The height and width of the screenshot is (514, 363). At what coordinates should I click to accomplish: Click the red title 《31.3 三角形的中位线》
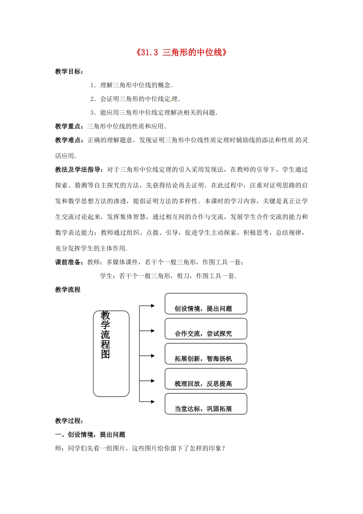[181, 52]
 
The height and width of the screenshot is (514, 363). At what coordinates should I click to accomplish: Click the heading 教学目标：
[69, 72]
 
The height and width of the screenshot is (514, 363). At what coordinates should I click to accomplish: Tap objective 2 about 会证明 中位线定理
[135, 99]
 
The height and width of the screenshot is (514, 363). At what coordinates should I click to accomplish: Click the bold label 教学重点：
[71, 126]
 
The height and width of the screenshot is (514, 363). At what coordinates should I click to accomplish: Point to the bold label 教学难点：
[71, 140]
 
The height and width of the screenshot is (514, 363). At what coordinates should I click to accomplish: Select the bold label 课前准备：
[71, 262]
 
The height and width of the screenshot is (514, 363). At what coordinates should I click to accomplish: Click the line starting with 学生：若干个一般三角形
[168, 276]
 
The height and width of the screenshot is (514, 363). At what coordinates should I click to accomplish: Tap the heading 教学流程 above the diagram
[68, 290]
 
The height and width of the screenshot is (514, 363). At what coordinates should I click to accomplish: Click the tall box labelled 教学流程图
[111, 353]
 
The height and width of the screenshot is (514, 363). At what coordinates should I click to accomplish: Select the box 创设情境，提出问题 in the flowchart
[206, 304]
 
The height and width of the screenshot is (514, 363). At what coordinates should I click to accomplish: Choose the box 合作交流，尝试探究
[206, 329]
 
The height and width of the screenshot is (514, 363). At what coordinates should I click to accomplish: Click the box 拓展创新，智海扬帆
[206, 354]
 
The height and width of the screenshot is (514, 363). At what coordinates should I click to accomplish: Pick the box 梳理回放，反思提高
[206, 379]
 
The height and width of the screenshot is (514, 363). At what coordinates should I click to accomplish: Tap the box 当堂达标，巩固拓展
[206, 404]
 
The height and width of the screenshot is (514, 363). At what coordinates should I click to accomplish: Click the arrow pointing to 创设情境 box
[147, 306]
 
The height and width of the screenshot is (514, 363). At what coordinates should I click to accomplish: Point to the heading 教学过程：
[69, 421]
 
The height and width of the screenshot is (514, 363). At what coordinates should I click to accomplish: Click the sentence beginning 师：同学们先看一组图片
[140, 448]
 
